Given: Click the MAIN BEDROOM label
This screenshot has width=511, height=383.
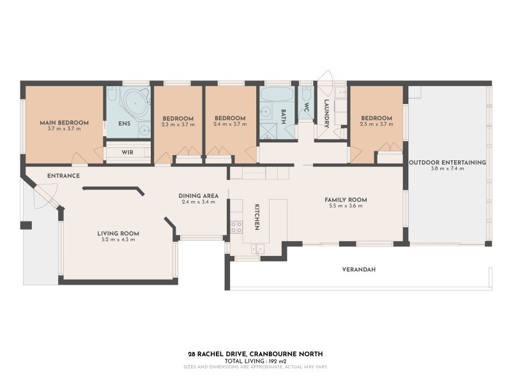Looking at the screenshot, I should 64,122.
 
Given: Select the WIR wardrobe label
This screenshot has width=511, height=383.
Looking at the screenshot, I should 127,153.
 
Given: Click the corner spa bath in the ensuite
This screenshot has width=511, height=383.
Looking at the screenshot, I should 135,102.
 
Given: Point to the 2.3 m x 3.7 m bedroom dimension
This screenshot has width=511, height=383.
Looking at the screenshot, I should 178,125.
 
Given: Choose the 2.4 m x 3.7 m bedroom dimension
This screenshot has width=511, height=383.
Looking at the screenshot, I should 230,125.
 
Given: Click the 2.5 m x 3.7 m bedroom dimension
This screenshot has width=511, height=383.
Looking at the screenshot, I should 376,125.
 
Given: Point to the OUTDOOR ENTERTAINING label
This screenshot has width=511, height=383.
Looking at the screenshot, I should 448,162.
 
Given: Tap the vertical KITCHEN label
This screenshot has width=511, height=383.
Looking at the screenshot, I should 257,217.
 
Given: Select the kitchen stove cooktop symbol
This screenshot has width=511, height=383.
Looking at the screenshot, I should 236,226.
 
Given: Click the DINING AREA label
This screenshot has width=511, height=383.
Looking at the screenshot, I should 198,195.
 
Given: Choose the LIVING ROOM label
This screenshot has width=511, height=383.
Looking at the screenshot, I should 118,233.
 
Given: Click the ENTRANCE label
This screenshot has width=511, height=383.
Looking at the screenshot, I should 63,175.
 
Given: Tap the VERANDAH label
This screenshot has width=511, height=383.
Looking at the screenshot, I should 359,270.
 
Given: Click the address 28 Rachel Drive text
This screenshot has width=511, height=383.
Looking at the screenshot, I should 255,354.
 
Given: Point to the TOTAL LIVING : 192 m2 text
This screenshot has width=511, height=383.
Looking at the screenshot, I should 255,361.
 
